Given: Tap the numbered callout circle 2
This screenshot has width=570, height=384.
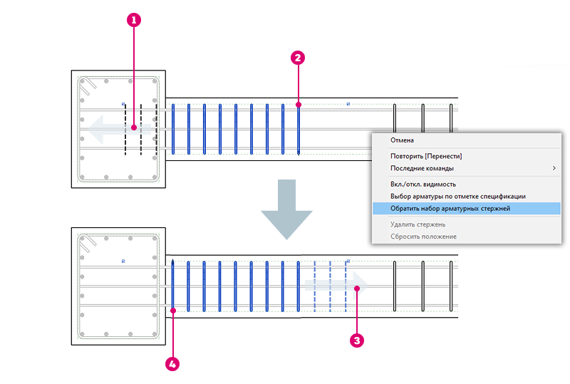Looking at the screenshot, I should (299, 57).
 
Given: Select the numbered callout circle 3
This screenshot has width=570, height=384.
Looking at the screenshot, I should (357, 340).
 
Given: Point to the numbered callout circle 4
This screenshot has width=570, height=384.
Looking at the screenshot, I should (172, 363).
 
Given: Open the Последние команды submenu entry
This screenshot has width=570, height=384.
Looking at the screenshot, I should (422, 168).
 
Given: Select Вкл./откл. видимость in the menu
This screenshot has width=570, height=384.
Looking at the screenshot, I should (423, 184).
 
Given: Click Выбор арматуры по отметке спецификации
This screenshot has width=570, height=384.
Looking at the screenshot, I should (458, 196).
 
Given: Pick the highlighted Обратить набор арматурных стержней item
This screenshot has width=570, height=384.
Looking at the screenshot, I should (450, 209).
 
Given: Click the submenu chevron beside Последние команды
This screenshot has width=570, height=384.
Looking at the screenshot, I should (554, 168).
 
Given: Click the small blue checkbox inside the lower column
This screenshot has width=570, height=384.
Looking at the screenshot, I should (123, 261).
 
